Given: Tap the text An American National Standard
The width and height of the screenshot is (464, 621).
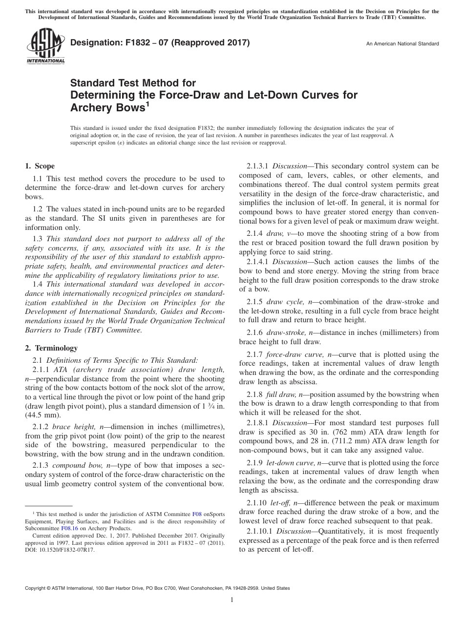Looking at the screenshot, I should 402,44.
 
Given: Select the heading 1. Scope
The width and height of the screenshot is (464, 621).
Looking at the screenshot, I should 40,166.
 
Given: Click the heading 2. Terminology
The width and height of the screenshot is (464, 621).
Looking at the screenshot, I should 51,348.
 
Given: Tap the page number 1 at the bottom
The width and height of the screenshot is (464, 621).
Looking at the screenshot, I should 232,600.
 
